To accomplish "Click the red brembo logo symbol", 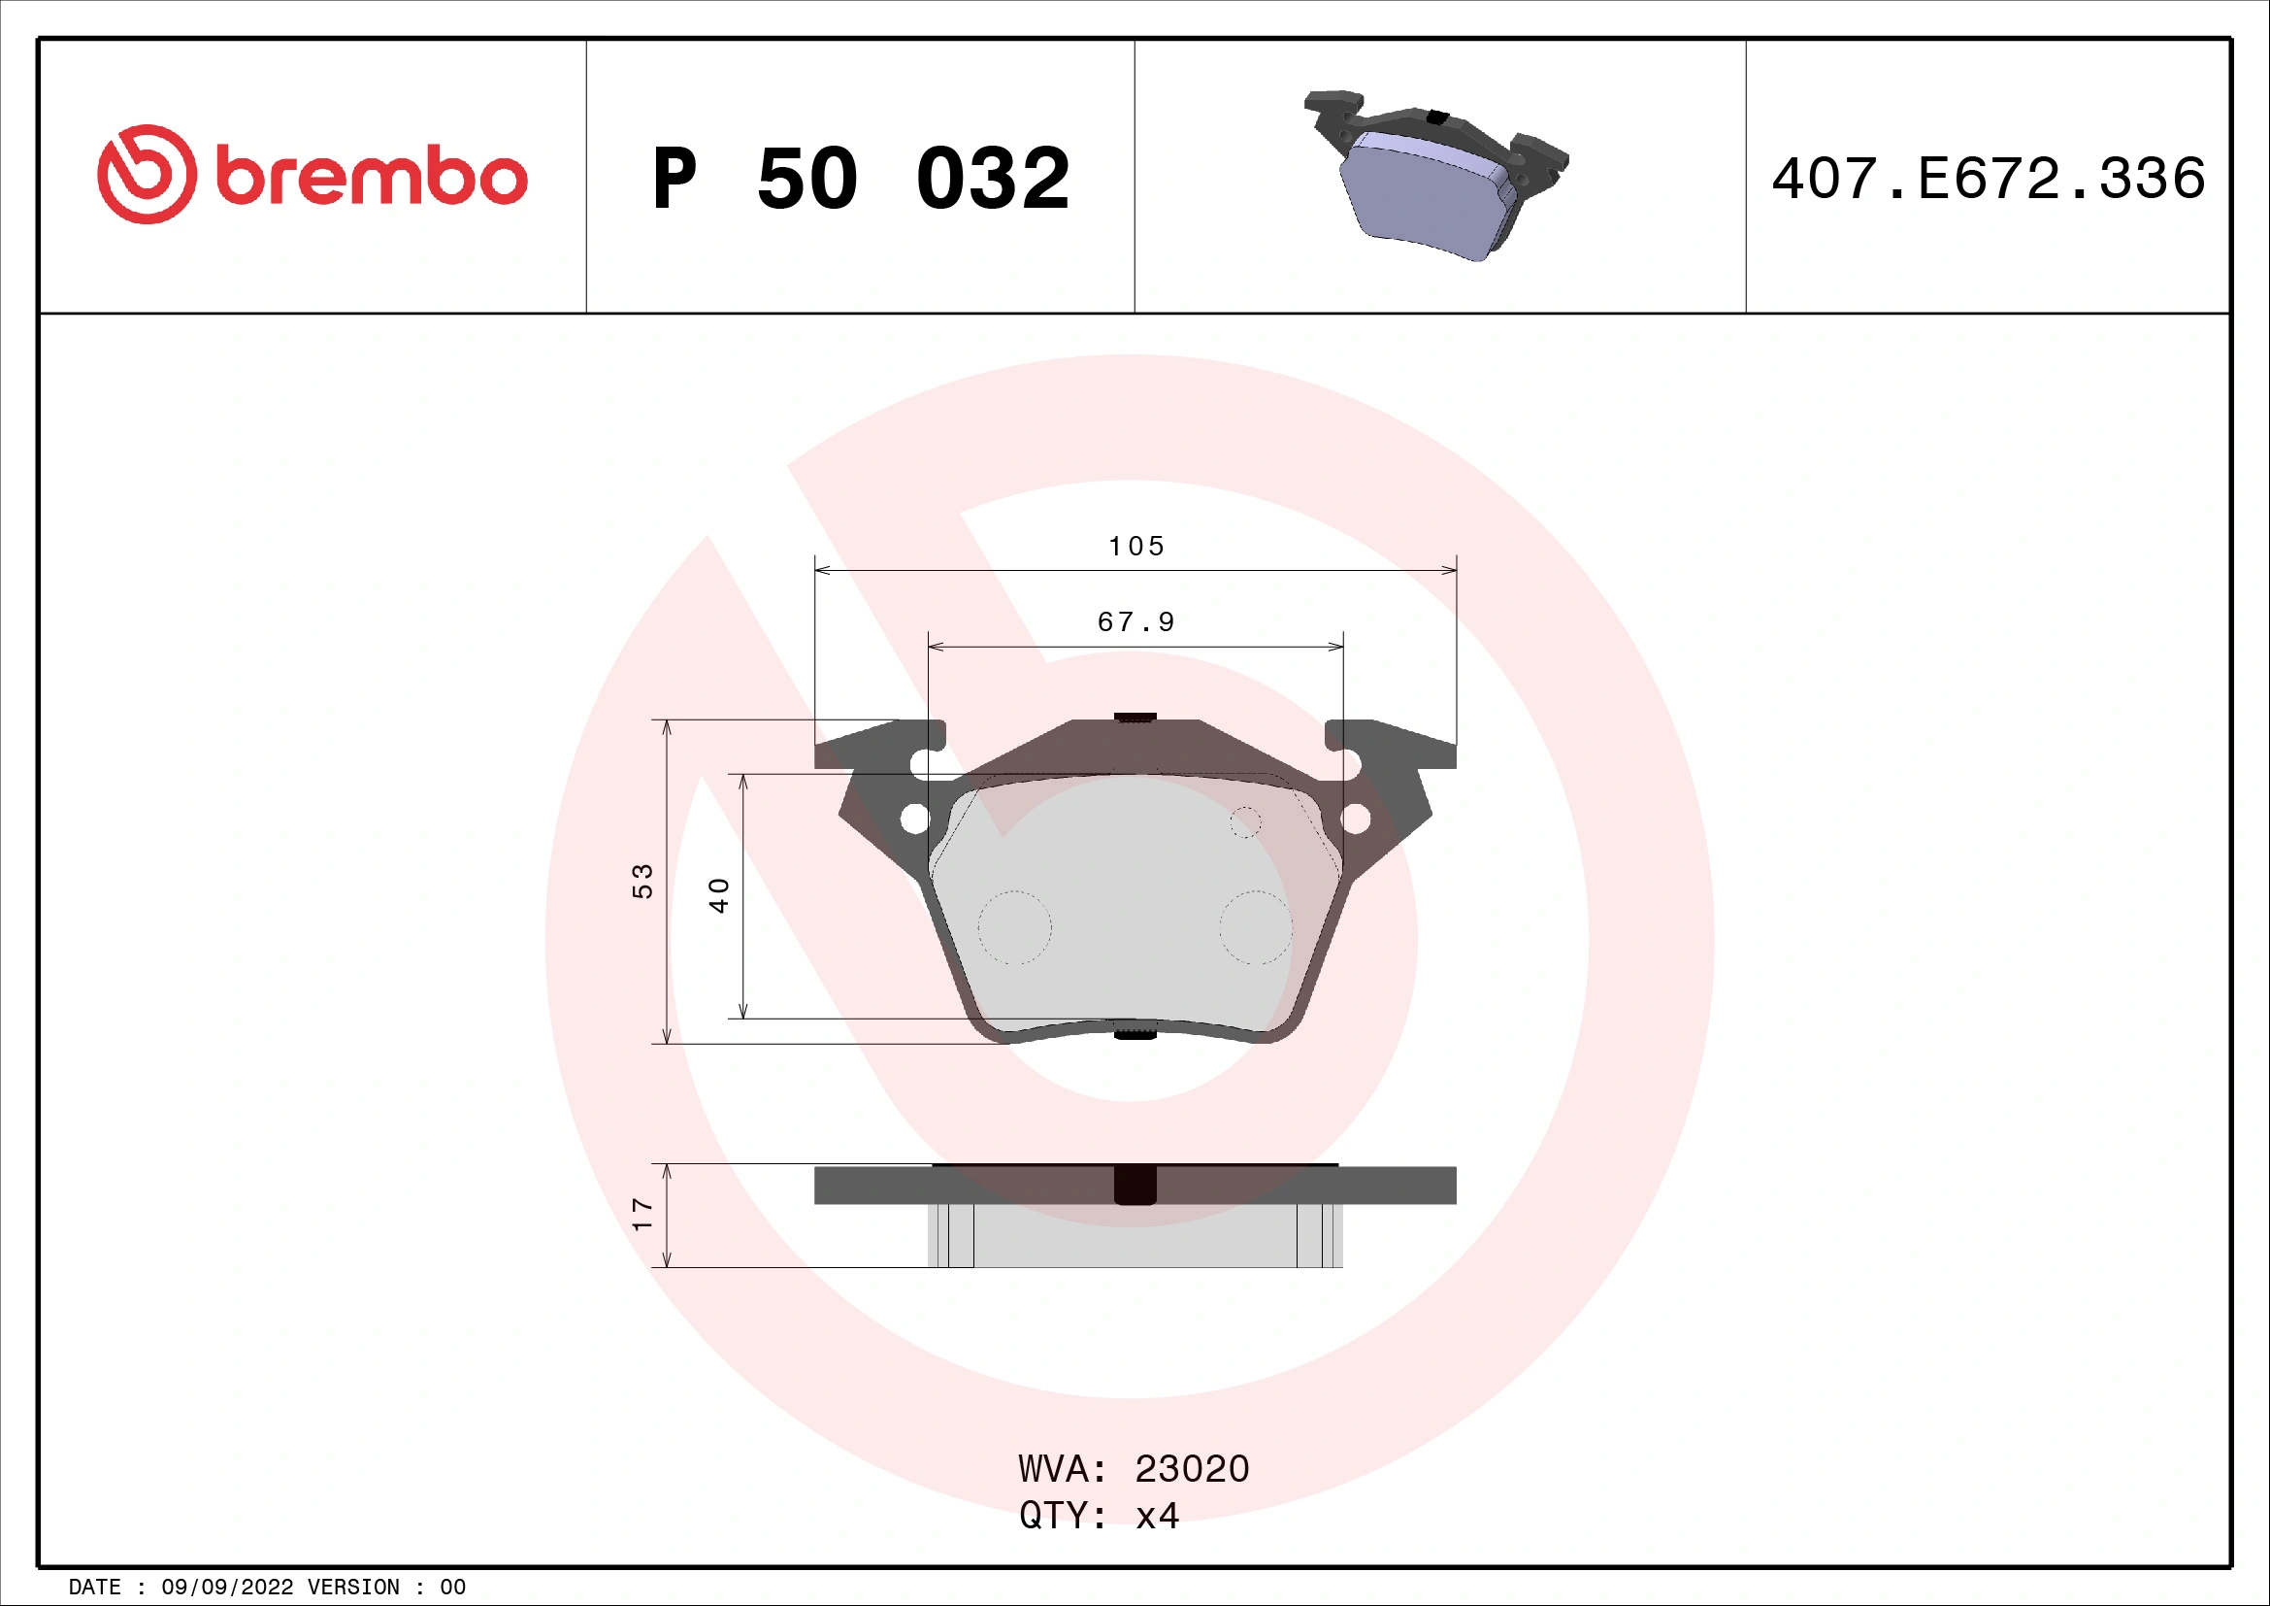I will coord(147,174).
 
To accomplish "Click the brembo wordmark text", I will coord(371,178).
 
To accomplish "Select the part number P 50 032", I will coord(860,179).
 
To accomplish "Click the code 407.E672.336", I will coord(1989,179).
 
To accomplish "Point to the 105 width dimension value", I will coord(1136,546).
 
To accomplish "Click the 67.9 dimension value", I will coord(1136,622).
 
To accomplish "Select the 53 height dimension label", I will coord(642,880).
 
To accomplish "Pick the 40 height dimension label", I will coord(719,895).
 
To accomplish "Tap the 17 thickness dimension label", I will coord(642,1214).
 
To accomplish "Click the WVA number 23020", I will coord(1192,1469).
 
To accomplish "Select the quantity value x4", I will coord(1157,1516).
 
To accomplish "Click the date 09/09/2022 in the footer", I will coord(227,1588).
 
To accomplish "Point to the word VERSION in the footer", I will coord(353,1588).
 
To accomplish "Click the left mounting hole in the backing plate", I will coord(914,819).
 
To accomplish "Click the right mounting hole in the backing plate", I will coord(1355,819).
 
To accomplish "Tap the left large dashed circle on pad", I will coord(1014,927).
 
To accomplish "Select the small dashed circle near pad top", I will coord(1246,821).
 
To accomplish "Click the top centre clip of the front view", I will coord(1135,717).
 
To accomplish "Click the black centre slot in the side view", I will coord(1135,1185).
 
